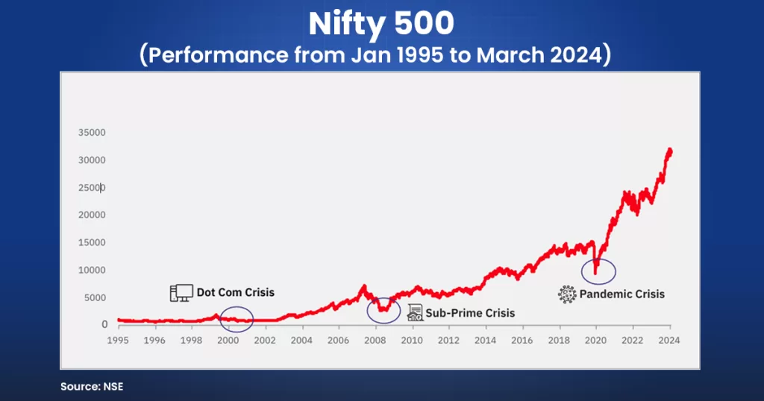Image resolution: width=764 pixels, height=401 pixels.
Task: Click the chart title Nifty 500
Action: pos(381,24)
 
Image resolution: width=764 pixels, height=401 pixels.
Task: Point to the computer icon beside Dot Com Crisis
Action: pos(181,292)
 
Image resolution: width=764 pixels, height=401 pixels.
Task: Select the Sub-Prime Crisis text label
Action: pos(470,313)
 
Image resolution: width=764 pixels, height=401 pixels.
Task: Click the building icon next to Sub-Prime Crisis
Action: pos(415,313)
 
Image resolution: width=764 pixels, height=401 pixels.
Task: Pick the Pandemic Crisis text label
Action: pos(622,294)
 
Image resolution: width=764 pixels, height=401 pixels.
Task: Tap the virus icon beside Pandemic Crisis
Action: pos(568,294)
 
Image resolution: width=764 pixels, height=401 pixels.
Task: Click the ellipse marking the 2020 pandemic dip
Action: pos(598,271)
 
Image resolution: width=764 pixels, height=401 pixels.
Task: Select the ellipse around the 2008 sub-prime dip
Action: pos(383,309)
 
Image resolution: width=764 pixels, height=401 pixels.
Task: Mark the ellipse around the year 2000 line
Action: pos(237,319)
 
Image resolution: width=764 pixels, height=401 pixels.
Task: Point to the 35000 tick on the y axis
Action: pos(93,133)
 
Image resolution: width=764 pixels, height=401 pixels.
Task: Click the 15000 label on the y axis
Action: pos(93,242)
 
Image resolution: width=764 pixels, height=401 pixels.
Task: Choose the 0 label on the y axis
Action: pos(104,324)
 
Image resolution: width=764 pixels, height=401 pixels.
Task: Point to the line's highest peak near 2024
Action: pos(669,150)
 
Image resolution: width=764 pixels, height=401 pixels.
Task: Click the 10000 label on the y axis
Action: pos(93,270)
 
